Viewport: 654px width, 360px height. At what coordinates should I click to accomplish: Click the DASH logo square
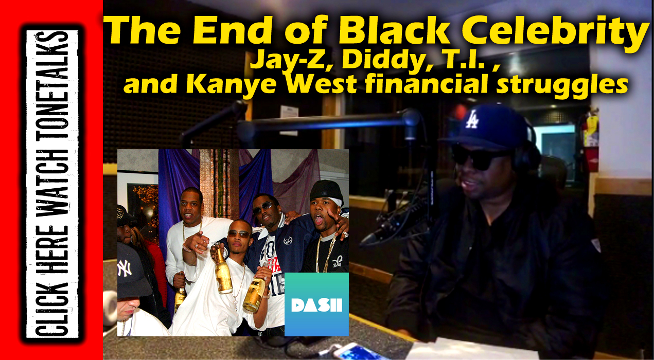(x=316, y=304)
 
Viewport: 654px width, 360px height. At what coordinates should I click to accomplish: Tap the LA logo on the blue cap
(x=471, y=119)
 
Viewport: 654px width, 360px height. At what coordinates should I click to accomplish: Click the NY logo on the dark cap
(x=125, y=268)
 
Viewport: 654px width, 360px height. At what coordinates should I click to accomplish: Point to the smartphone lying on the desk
(x=357, y=352)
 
